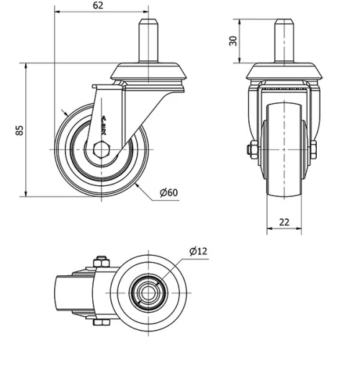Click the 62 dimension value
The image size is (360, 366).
(x=99, y=6)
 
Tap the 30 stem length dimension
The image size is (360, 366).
(x=233, y=40)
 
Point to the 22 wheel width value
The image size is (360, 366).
(x=284, y=222)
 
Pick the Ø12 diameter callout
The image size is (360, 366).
(x=198, y=251)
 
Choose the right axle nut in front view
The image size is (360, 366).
(x=315, y=150)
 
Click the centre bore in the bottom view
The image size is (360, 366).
(x=150, y=293)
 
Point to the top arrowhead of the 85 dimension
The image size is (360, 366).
(x=27, y=66)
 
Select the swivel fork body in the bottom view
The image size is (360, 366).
(x=76, y=293)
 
